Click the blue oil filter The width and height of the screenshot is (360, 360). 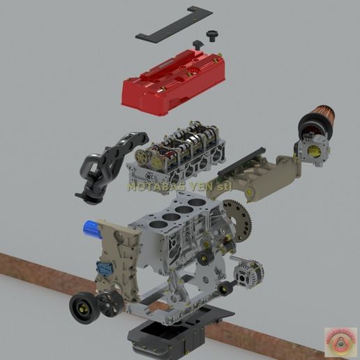[x=93, y=229]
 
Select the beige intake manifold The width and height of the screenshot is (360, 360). [x=262, y=174]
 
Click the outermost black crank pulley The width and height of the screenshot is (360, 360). [x=82, y=307]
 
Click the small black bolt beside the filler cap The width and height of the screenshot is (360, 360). [x=197, y=45]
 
